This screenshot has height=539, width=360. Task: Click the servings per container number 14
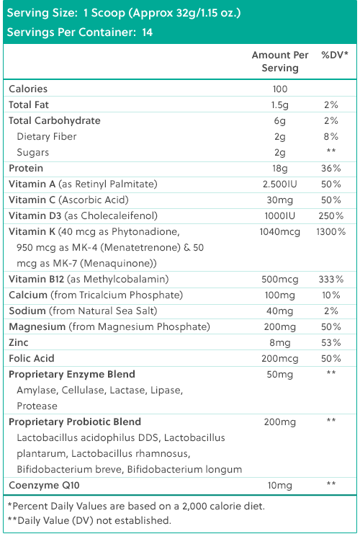[148, 32]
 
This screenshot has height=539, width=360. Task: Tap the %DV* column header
[335, 55]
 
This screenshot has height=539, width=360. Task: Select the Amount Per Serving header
[280, 61]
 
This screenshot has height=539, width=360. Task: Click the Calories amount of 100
[280, 89]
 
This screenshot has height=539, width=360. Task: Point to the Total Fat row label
[29, 104]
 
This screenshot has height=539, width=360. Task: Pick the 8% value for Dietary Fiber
[330, 136]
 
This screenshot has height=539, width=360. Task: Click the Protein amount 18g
[280, 169]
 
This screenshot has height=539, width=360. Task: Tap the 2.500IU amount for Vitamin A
[280, 184]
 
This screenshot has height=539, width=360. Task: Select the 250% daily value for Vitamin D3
[330, 216]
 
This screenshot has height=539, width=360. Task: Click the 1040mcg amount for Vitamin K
[280, 232]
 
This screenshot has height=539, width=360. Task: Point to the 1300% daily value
[330, 232]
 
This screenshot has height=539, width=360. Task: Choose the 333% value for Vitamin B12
[330, 279]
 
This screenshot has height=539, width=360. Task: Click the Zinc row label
[19, 343]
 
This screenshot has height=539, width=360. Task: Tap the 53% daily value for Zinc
[330, 343]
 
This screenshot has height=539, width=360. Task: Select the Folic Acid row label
[32, 359]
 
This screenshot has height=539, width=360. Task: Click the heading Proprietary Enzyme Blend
[72, 374]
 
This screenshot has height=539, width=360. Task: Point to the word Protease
[37, 406]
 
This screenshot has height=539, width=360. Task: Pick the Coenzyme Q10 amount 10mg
[280, 486]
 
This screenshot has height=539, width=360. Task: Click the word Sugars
[33, 153]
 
